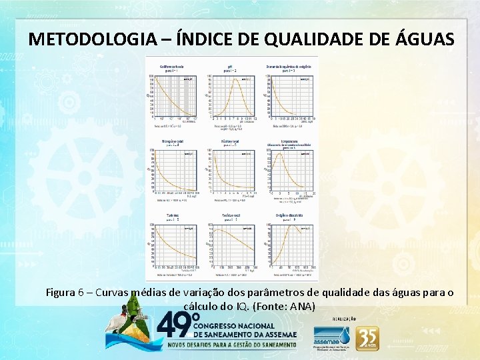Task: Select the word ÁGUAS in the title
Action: click(421, 39)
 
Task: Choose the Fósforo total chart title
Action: click(231, 141)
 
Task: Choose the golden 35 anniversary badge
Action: click(367, 339)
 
